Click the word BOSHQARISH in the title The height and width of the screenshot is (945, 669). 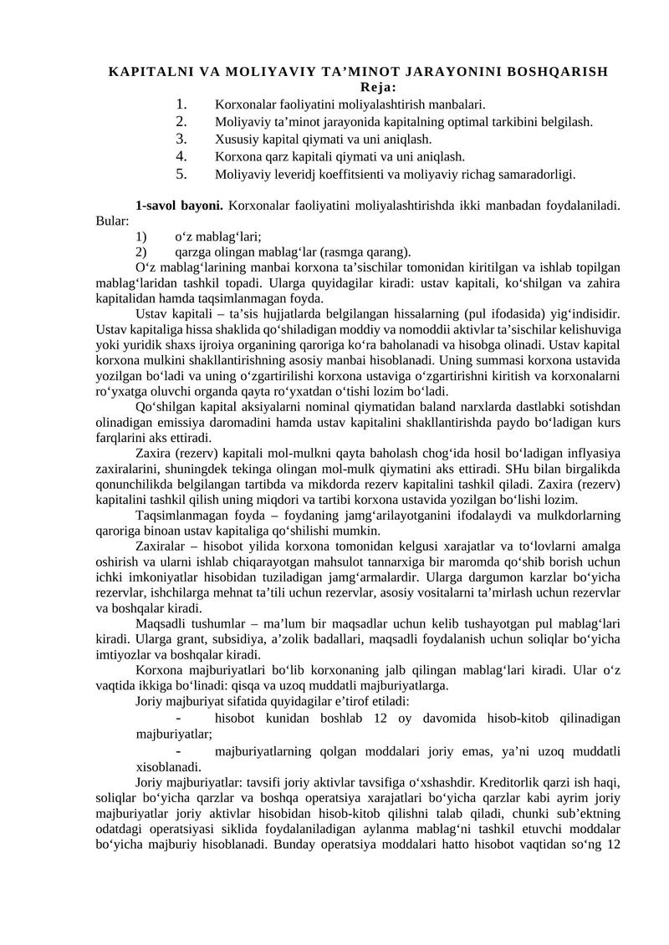(554, 71)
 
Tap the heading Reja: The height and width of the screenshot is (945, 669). (378, 87)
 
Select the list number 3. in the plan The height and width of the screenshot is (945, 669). (181, 139)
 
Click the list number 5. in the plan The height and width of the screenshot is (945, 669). (181, 174)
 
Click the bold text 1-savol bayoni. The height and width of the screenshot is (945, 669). (179, 205)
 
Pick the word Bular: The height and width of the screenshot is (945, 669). (113, 221)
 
